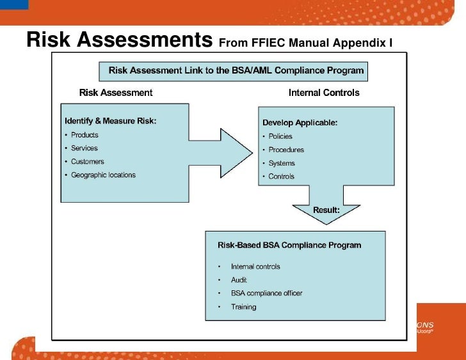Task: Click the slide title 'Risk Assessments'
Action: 119,40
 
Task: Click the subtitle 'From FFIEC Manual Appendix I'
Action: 305,43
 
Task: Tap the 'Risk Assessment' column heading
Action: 116,93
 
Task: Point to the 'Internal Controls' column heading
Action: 324,93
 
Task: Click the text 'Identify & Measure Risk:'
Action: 111,121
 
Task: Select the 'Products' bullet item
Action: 84,135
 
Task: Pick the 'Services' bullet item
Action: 84,148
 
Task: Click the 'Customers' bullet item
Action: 87,162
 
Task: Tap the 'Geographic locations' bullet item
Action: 103,175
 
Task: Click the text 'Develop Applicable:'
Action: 300,122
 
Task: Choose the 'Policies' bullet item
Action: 280,136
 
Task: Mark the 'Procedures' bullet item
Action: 286,150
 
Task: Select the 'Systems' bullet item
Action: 282,163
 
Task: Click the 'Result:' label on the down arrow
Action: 326,210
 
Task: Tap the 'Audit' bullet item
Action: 239,280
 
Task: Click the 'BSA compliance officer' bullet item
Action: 266,293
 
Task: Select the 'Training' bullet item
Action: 243,307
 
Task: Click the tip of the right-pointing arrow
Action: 252,152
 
